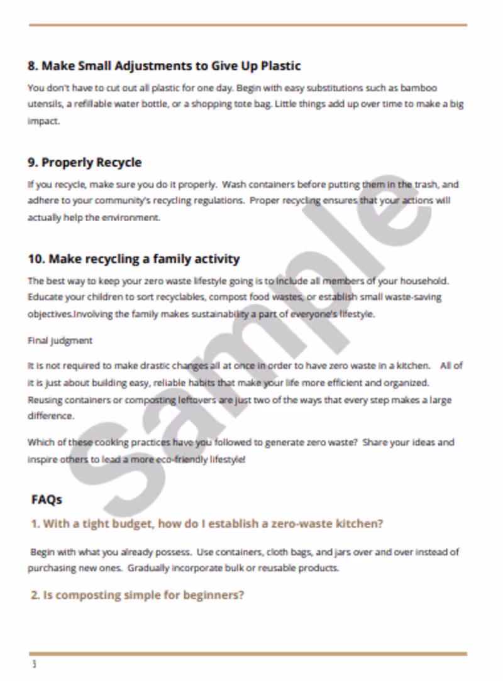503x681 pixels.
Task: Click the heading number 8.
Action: pyautogui.click(x=33, y=66)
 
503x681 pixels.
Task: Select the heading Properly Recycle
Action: pyautogui.click(x=91, y=163)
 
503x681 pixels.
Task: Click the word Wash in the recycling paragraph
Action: pyautogui.click(x=234, y=185)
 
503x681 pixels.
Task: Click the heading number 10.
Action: pyautogui.click(x=36, y=259)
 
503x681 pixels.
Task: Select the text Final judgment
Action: pyautogui.click(x=60, y=340)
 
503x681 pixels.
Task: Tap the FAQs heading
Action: pyautogui.click(x=47, y=500)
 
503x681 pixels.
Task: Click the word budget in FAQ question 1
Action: pyautogui.click(x=123, y=523)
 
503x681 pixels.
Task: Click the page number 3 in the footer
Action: pyautogui.click(x=34, y=664)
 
